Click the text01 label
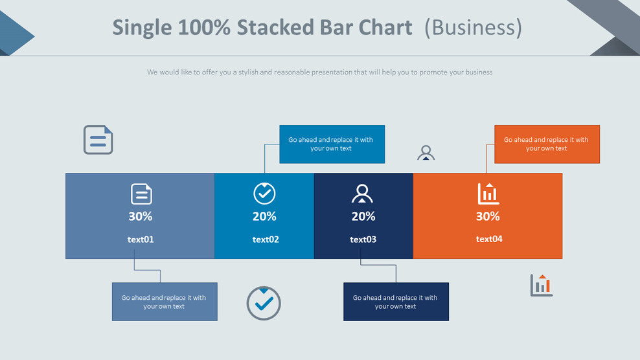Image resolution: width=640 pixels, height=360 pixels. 141,240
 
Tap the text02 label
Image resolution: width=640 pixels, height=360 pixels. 266,240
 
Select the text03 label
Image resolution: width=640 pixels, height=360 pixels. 363,240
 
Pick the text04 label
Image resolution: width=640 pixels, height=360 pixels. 489,239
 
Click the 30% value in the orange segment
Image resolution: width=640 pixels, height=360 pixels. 488,216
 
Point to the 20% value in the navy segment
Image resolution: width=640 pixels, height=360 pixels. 363,216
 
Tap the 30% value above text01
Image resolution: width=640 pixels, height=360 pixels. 141,216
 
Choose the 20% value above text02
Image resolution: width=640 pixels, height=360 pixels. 264,216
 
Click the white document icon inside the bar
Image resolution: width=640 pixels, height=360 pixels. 141,194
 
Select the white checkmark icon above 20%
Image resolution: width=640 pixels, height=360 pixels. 264,193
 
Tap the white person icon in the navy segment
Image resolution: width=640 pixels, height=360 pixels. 362,194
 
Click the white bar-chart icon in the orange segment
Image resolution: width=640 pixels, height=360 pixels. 488,194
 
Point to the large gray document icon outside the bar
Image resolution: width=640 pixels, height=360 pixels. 98,140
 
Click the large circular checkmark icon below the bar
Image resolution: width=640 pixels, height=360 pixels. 264,303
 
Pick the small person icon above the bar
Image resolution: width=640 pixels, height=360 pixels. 426,153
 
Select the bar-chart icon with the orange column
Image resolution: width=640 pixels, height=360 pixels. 542,285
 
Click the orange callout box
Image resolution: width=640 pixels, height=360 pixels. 547,144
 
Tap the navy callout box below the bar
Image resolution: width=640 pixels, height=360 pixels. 396,302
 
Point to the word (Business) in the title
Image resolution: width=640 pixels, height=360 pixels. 473,28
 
